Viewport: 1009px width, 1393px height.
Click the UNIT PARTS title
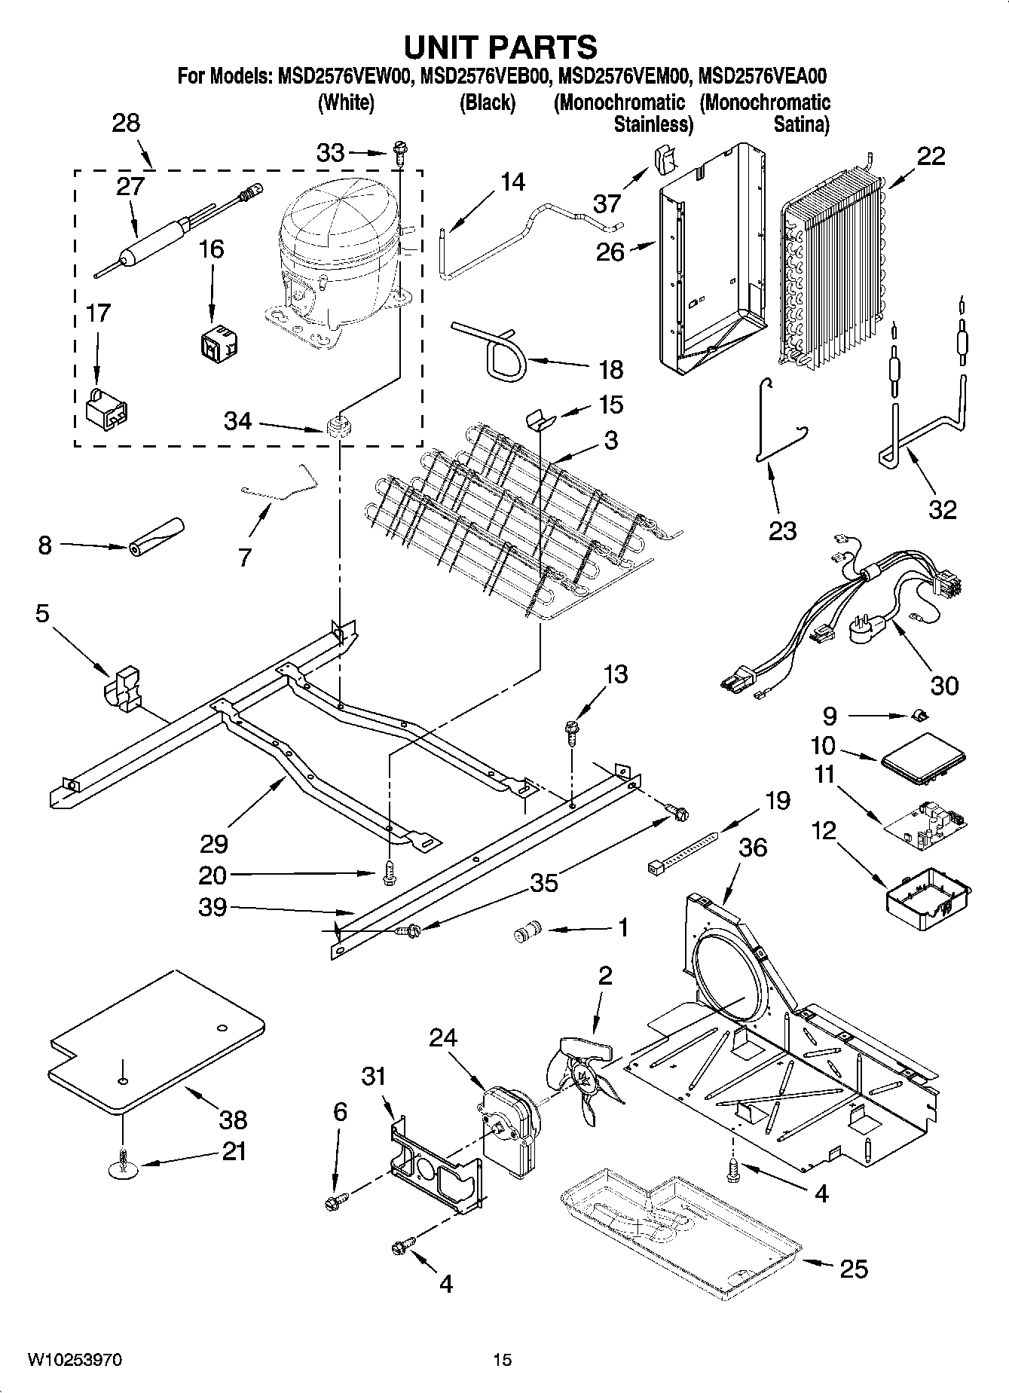point(500,47)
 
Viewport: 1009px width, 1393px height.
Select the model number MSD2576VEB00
point(482,76)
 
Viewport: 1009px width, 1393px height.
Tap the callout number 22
point(931,156)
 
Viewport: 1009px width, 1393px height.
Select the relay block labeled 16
point(218,341)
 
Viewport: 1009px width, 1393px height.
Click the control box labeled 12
point(927,893)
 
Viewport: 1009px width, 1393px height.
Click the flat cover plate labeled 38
point(154,1043)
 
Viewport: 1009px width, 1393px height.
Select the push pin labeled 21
point(121,1165)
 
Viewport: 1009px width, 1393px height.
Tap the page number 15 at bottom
point(503,1359)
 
